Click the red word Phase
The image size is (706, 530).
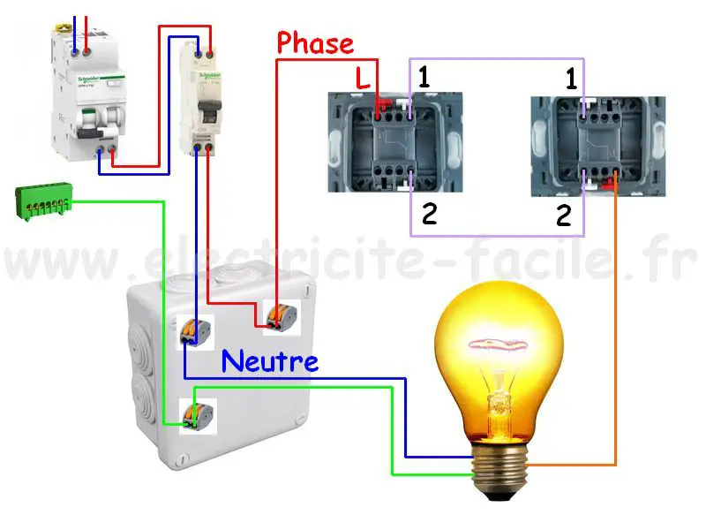coord(315,43)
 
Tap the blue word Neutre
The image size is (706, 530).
coord(269,360)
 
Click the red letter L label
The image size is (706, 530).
coord(363,79)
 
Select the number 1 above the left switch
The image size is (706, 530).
coord(424,77)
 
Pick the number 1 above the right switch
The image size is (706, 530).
coord(572,80)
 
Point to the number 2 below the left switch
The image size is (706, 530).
coord(429,214)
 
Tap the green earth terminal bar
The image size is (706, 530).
coord(42,202)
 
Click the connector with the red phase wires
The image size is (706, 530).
coord(281,317)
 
